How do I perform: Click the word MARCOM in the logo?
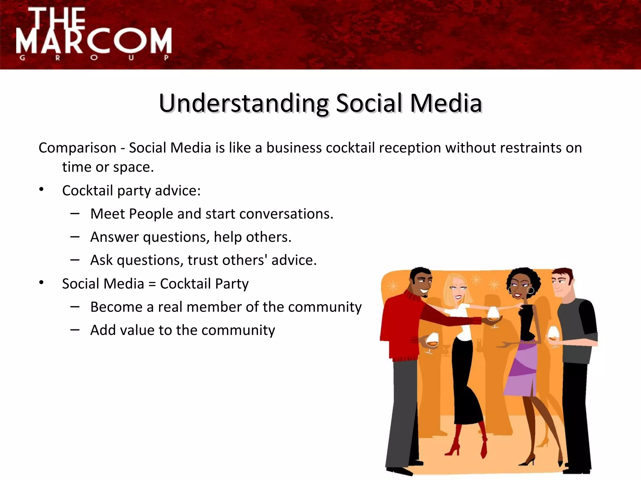94,41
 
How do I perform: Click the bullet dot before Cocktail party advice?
41,189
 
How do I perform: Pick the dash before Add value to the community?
75,330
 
